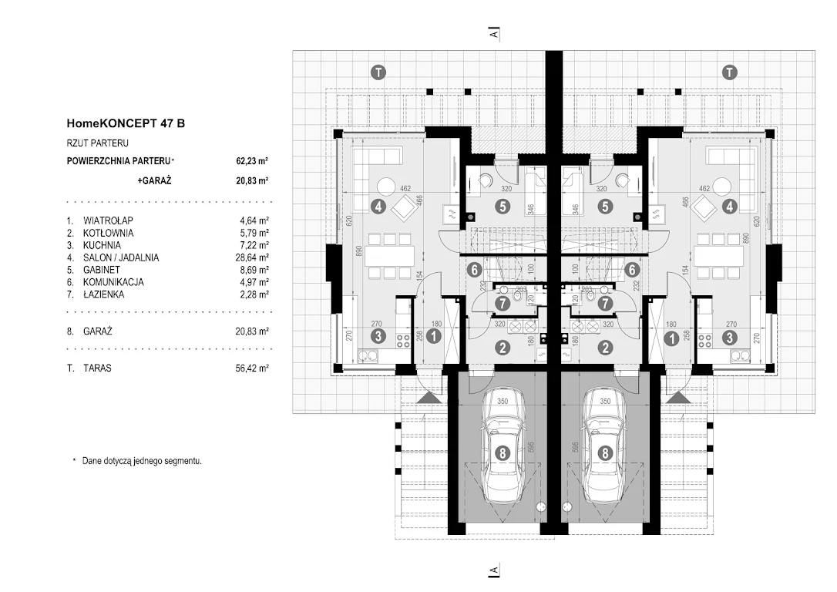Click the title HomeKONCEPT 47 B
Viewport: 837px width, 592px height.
(126, 123)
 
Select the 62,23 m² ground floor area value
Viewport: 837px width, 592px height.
(252, 162)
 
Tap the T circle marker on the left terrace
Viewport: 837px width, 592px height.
(378, 72)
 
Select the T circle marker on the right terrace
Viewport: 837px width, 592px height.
(728, 72)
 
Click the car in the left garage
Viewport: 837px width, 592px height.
(503, 451)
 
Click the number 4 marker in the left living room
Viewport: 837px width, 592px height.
(378, 206)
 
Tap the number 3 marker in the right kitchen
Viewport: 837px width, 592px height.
(729, 337)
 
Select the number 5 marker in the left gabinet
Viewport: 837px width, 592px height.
(502, 206)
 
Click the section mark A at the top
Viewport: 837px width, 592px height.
(494, 33)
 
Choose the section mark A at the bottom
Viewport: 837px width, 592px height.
(494, 570)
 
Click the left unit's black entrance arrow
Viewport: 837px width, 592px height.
(430, 397)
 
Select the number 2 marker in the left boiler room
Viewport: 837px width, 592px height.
(503, 348)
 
